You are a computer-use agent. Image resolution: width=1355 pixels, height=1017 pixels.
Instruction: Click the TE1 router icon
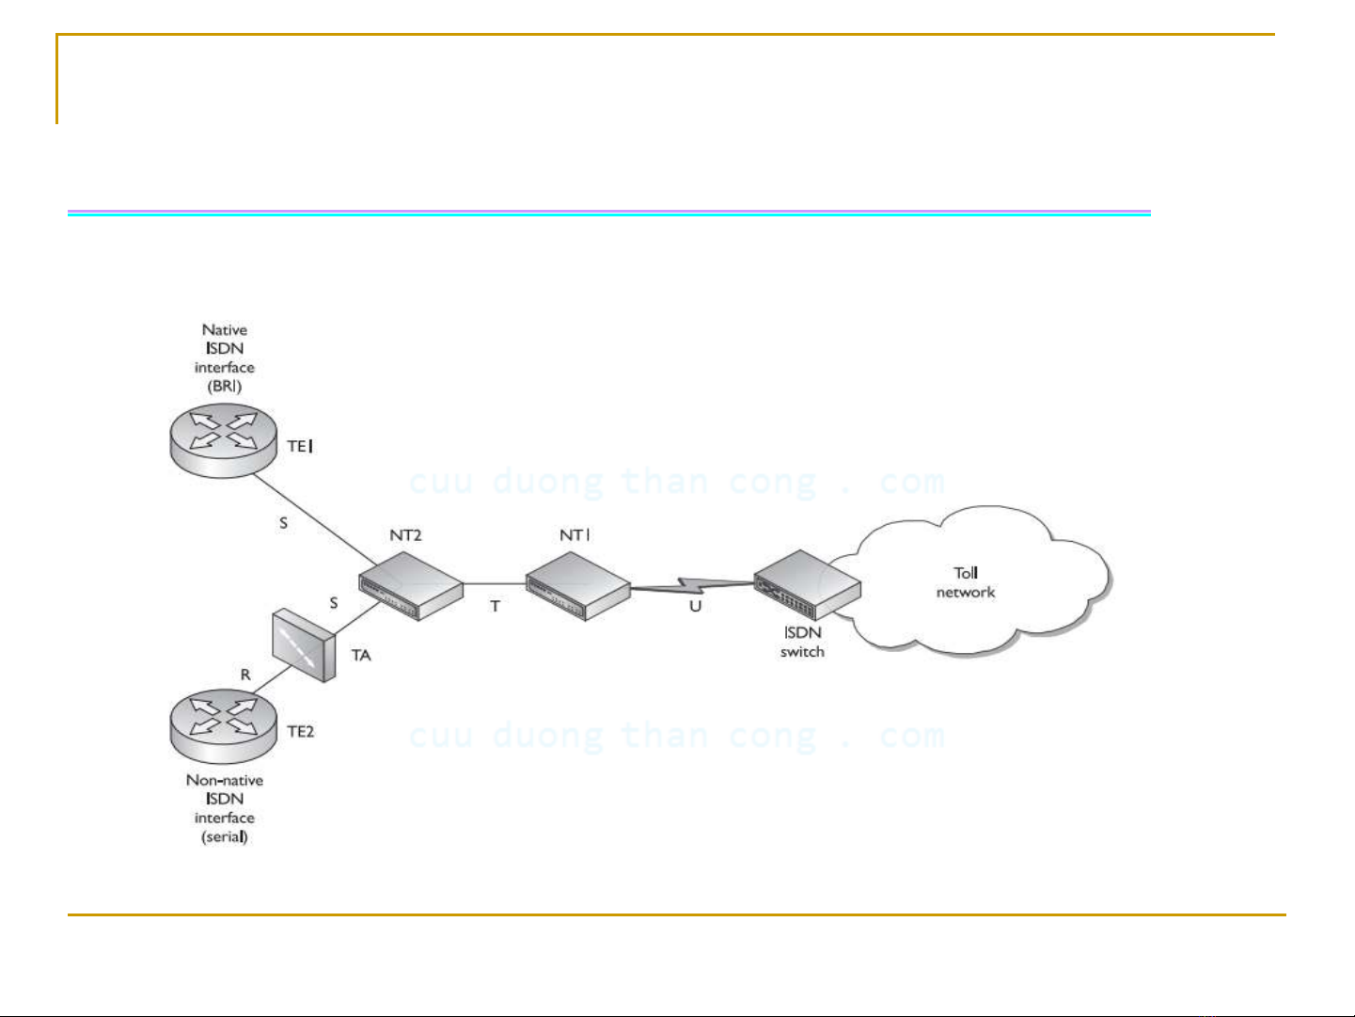224,440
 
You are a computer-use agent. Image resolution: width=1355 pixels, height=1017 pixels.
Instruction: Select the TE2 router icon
224,726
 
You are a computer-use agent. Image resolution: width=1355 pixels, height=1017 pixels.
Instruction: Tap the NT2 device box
411,586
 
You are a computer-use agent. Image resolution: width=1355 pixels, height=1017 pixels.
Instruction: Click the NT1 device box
578,586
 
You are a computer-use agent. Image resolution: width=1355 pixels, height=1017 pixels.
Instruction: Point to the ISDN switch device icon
808,585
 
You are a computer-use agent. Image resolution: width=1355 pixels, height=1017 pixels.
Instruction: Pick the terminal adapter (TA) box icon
304,645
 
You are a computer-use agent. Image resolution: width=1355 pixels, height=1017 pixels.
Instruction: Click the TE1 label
300,446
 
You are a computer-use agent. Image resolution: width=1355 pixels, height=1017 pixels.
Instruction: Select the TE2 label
301,732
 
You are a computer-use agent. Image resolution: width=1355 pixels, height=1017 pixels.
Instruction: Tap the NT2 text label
405,534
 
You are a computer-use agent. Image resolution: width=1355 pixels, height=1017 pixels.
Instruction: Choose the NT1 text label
575,534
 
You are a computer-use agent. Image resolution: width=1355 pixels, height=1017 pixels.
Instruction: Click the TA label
361,655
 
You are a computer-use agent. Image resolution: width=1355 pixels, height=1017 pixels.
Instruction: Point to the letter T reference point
496,607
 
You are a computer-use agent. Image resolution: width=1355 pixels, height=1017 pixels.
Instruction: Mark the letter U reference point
696,607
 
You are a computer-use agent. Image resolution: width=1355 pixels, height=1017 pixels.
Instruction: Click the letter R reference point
245,675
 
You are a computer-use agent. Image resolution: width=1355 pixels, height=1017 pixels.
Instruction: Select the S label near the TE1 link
283,523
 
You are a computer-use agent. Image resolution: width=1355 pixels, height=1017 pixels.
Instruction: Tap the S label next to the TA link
334,603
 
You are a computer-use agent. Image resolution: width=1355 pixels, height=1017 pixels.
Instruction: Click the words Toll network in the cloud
966,583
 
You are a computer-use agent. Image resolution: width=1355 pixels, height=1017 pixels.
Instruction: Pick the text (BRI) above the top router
225,387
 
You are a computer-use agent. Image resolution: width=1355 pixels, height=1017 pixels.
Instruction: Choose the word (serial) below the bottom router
225,837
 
